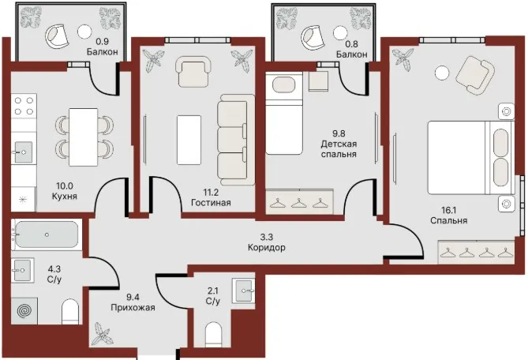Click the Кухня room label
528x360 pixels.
point(64,196)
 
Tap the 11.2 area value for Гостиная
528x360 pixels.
point(211,193)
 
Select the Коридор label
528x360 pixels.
point(267,248)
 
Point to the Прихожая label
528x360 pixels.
point(133,307)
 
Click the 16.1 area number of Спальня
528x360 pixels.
point(448,211)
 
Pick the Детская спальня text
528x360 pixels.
point(339,149)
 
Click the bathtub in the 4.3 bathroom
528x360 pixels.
point(47,234)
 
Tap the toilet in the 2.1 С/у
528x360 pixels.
point(214,334)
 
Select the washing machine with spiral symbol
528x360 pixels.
point(24,311)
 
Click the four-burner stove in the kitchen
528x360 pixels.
point(24,106)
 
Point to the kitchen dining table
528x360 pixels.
point(83,137)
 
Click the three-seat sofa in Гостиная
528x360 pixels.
point(235,139)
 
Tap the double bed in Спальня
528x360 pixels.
point(470,158)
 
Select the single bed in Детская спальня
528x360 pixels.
point(284,114)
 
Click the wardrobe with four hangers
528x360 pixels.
point(476,252)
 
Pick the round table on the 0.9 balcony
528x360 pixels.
point(84,32)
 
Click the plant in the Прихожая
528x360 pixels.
point(103,333)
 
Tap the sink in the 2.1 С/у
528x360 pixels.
point(243,291)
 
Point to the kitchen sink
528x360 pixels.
point(22,152)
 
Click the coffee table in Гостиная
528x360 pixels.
point(189,140)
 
